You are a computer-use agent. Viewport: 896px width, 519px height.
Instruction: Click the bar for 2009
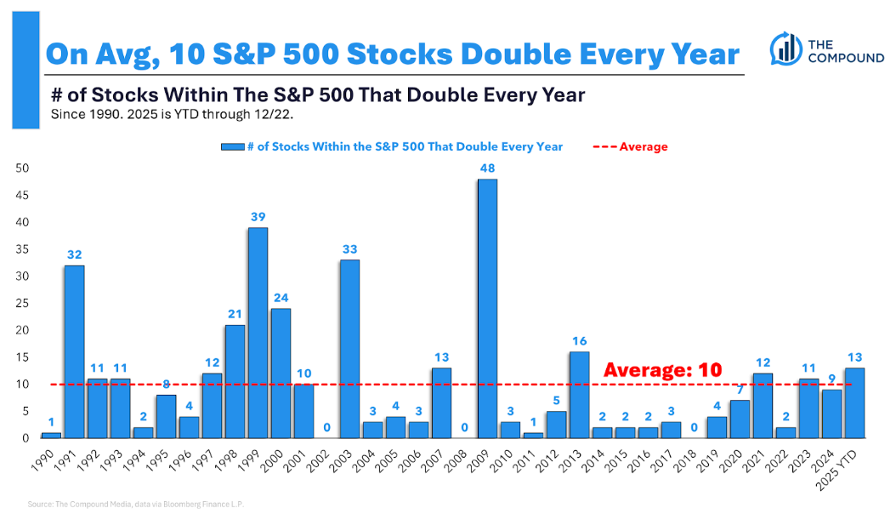[x=487, y=308]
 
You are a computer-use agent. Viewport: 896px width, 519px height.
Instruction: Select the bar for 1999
[x=258, y=333]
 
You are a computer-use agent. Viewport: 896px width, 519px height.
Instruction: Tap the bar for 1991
[x=74, y=351]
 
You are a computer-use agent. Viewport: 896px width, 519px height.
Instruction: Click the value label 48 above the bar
[x=487, y=168]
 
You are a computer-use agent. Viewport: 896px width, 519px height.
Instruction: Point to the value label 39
[x=258, y=217]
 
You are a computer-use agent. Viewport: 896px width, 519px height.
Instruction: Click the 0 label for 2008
[x=464, y=427]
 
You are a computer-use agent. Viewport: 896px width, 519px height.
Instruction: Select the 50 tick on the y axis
[x=23, y=168]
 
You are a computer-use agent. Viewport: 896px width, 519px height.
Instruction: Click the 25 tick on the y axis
[x=23, y=303]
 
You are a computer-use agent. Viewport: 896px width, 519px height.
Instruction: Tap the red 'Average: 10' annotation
[x=662, y=370]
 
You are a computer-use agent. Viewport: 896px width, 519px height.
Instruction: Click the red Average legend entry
[x=630, y=146]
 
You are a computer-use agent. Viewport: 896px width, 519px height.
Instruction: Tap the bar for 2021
[x=763, y=405]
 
